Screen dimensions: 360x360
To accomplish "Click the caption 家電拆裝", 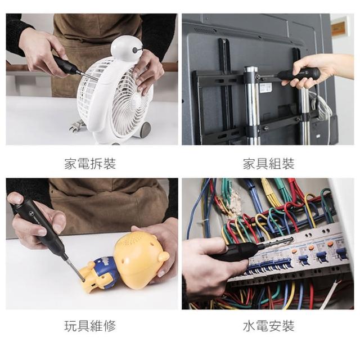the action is tap(90, 164).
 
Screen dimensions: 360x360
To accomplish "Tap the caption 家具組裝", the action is tap(269, 164).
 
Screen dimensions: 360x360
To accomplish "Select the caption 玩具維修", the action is tap(90, 326).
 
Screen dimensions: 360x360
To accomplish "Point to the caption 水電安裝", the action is tap(269, 326).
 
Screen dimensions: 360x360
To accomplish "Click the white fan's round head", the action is tap(127, 49).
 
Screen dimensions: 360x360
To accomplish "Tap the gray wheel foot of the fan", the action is tap(145, 130).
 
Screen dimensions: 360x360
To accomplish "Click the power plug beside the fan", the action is tap(77, 126).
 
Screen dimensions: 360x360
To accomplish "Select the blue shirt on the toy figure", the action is tap(105, 269).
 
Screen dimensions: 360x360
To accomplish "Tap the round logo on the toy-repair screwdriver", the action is tap(32, 214).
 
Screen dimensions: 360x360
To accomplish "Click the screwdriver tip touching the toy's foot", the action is tap(83, 280).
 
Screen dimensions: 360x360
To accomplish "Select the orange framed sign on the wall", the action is tap(339, 28).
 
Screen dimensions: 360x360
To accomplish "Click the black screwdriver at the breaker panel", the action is tap(241, 251).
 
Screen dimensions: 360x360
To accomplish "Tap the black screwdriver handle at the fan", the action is tap(65, 65).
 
